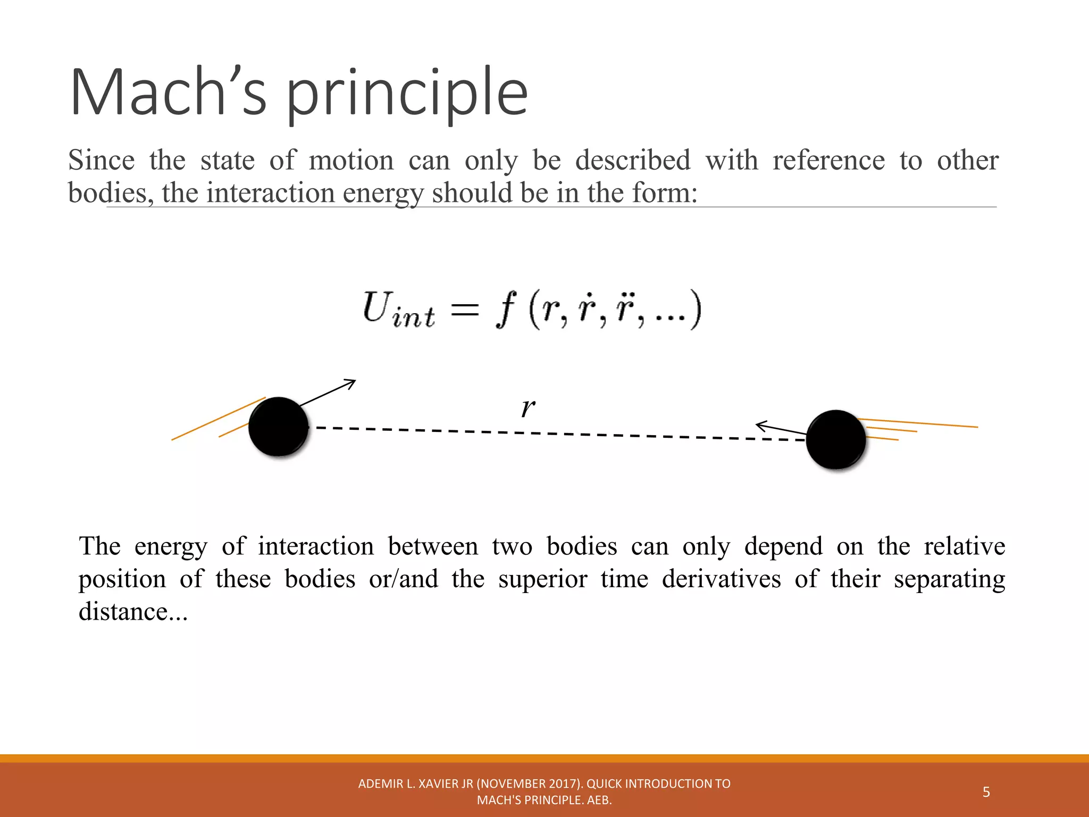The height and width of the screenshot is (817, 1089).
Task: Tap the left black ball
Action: (279, 427)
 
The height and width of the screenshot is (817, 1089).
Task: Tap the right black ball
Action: (836, 439)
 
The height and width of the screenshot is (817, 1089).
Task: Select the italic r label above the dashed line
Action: (527, 408)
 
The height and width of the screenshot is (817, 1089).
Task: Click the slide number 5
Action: (986, 792)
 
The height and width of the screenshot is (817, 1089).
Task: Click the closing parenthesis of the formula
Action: (695, 310)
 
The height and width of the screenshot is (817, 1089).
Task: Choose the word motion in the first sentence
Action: (351, 161)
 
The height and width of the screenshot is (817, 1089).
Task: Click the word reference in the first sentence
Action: (828, 161)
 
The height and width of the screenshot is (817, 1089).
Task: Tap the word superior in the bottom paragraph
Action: (542, 579)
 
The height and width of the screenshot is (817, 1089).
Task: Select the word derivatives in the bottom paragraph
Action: (721, 579)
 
